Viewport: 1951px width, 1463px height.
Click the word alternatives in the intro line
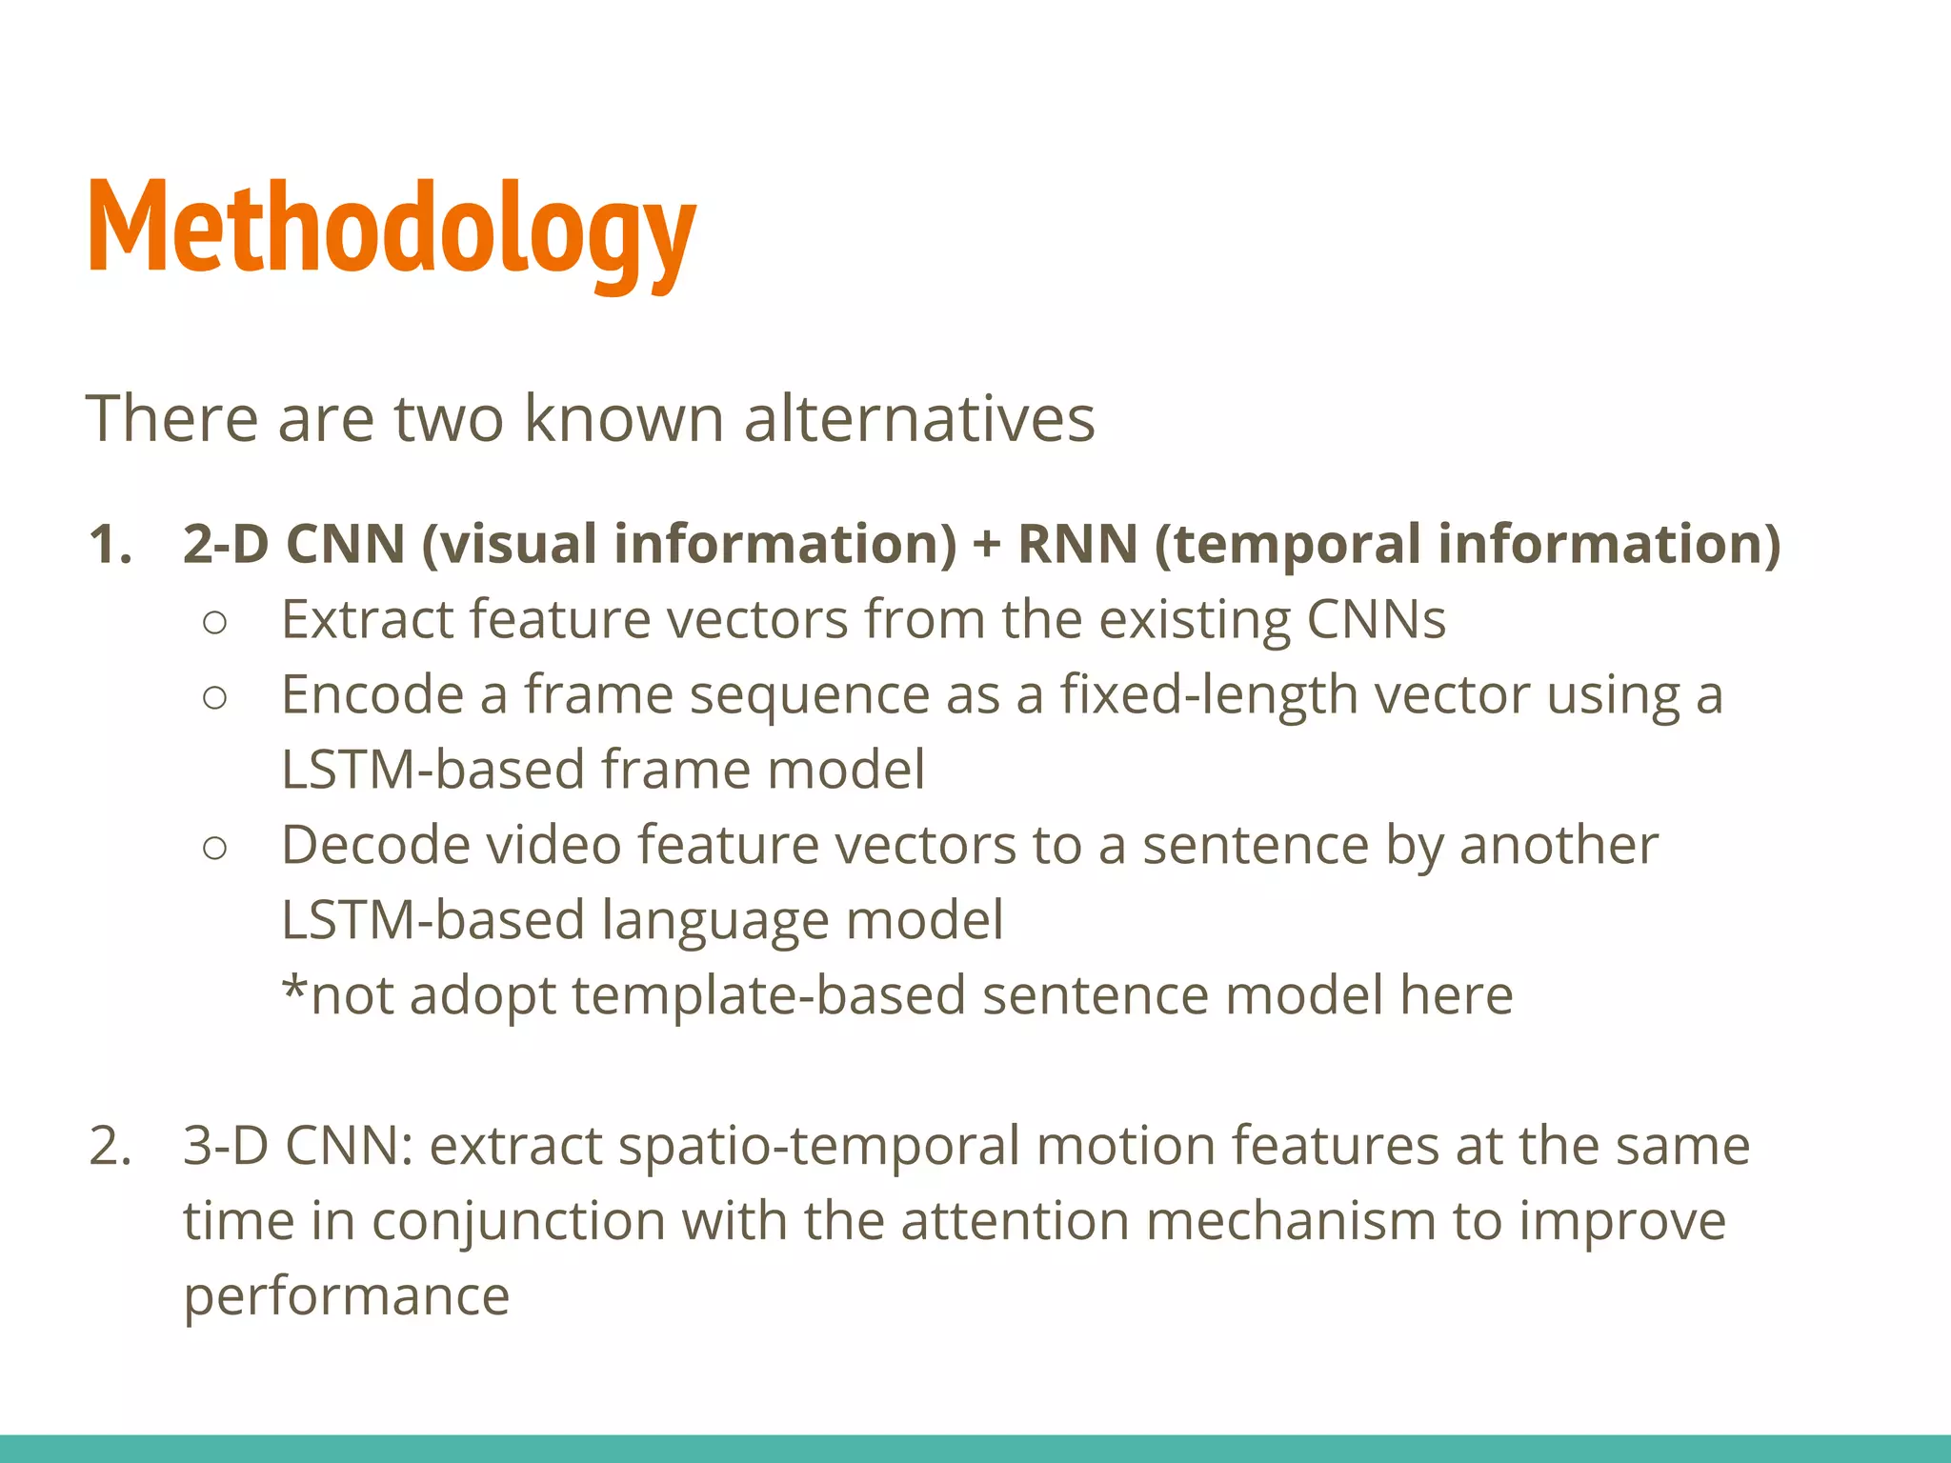click(918, 419)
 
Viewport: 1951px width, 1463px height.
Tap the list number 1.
click(109, 545)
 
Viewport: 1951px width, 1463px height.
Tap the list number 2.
click(109, 1146)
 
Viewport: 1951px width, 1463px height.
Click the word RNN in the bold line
click(1076, 545)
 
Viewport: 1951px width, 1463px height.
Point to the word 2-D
click(227, 545)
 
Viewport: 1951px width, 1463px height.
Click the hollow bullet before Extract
click(215, 623)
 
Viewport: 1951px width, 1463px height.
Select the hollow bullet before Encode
click(215, 698)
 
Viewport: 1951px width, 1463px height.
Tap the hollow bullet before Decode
click(215, 848)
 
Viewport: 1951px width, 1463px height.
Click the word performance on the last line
click(347, 1297)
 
